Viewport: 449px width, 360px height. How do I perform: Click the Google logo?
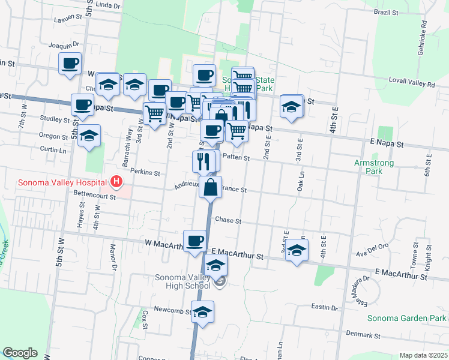tap(20, 353)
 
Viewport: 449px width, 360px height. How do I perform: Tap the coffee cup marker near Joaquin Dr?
tap(70, 64)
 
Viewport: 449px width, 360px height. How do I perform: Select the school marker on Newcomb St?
tap(203, 312)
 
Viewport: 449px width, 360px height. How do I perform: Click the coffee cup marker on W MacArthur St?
tap(194, 241)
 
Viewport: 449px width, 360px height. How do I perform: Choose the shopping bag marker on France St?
tap(211, 187)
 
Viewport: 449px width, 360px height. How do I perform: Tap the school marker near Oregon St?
tap(89, 136)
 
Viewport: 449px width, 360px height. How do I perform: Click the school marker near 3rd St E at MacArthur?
tap(296, 250)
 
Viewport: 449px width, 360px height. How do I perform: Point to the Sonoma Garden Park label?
tap(406, 318)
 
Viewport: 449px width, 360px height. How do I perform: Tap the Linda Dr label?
tap(108, 5)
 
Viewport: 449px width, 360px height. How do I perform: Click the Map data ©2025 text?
tap(423, 355)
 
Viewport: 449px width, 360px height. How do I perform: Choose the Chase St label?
tap(228, 221)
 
